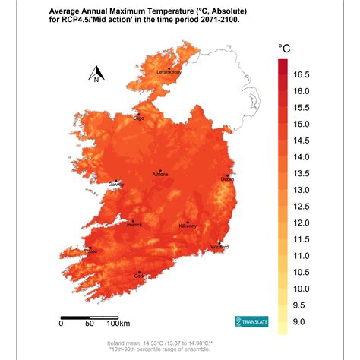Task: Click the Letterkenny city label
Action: pyautogui.click(x=169, y=72)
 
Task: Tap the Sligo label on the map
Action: pyautogui.click(x=138, y=118)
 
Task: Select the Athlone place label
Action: pyautogui.click(x=160, y=175)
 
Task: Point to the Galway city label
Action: pyautogui.click(x=116, y=184)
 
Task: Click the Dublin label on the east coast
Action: pyautogui.click(x=228, y=179)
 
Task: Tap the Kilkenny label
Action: pyautogui.click(x=188, y=226)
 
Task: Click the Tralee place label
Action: pyautogui.click(x=90, y=251)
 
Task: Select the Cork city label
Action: pyautogui.click(x=139, y=276)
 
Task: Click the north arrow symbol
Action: pyautogui.click(x=97, y=74)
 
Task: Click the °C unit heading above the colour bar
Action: pyautogui.click(x=285, y=49)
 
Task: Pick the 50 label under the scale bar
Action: pyautogui.click(x=90, y=324)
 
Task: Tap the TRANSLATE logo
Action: pyautogui.click(x=250, y=322)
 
